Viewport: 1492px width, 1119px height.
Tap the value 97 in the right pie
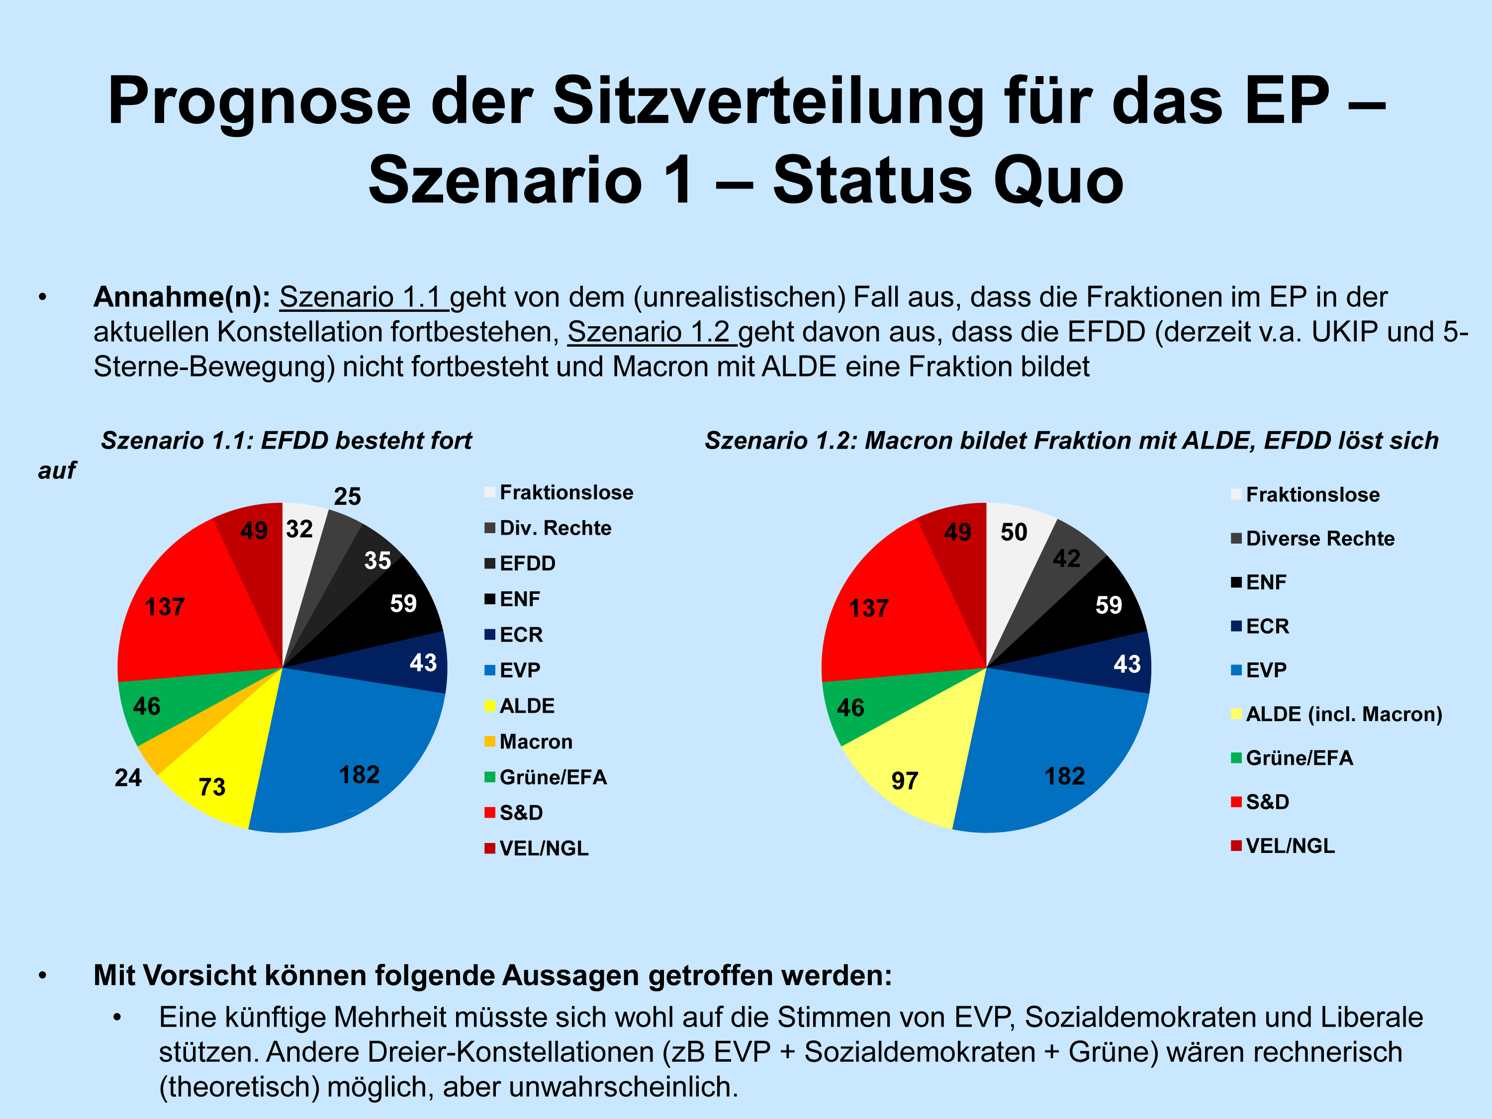click(905, 780)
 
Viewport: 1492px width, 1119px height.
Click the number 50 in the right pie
click(1013, 532)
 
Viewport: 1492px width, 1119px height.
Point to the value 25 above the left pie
click(347, 496)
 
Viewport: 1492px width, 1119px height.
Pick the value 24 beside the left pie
click(128, 778)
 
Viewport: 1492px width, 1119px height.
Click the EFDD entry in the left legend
click(527, 563)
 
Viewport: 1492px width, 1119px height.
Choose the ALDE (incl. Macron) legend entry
click(1343, 714)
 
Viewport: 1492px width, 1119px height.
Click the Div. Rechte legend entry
click(555, 528)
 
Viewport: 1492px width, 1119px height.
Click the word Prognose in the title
click(259, 101)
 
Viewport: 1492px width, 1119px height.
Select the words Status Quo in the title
click(948, 180)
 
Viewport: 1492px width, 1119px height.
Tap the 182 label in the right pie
click(1064, 776)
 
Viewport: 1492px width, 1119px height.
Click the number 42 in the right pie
click(1066, 558)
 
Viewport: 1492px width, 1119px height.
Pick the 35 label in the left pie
click(377, 560)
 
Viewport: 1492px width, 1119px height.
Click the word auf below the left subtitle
click(57, 470)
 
